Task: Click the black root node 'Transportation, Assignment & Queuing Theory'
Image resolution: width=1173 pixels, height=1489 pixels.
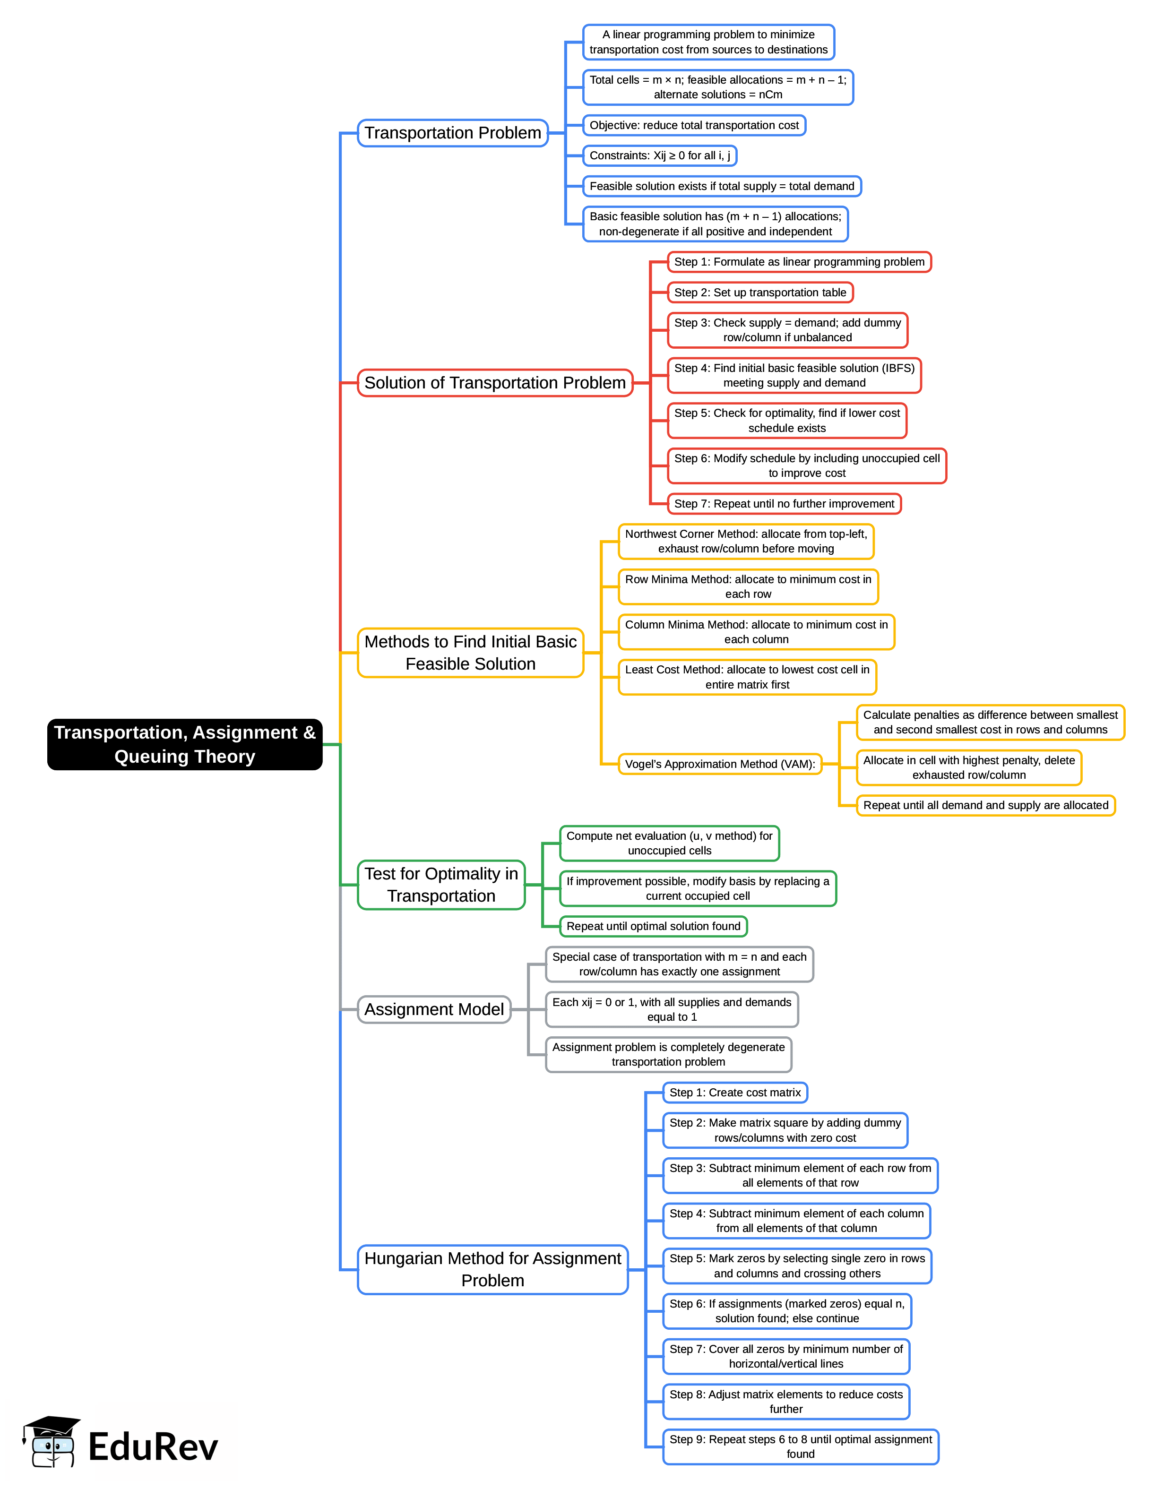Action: click(x=185, y=744)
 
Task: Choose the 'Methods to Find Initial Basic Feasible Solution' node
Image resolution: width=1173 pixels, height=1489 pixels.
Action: click(x=470, y=653)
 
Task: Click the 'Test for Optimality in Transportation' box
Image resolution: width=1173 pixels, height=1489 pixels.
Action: click(x=441, y=885)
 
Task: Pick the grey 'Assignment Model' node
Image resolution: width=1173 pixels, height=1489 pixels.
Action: click(x=434, y=1010)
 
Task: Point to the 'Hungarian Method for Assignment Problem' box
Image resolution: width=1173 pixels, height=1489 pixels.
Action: click(x=492, y=1269)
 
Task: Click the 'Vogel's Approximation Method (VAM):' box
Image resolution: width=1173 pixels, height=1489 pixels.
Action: click(x=720, y=764)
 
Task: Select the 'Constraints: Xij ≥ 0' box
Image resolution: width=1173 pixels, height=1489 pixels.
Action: click(x=659, y=156)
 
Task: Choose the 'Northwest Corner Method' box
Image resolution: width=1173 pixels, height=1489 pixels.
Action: click(x=746, y=542)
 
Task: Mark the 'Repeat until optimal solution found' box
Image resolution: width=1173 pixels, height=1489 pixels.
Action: click(x=653, y=927)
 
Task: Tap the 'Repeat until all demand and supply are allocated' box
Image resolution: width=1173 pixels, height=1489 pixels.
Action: click(x=985, y=805)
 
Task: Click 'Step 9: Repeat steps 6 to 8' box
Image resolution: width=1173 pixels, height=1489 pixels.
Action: click(x=800, y=1447)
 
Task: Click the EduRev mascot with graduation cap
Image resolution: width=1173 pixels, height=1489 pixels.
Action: click(x=52, y=1442)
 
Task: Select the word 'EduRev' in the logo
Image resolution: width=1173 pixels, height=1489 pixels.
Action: click(x=153, y=1447)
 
